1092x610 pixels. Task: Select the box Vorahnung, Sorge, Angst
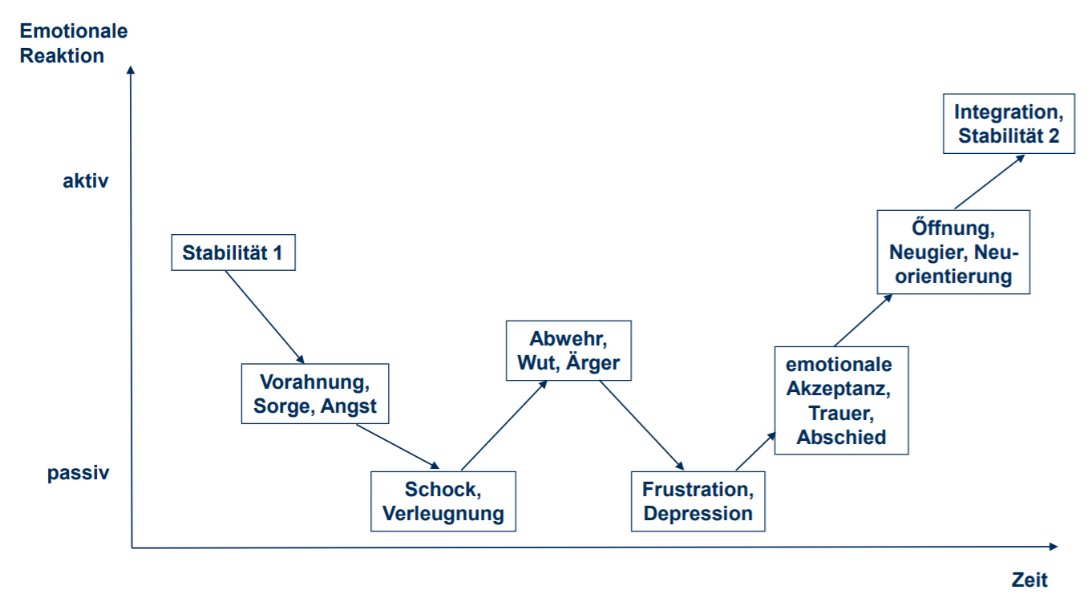click(x=315, y=394)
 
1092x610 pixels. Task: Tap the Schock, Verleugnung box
click(x=443, y=501)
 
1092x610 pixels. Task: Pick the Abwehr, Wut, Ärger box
click(x=568, y=350)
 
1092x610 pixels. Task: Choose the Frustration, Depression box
click(x=698, y=501)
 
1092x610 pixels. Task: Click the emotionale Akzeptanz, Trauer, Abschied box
click(x=841, y=401)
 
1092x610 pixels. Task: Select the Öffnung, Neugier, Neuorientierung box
click(x=953, y=252)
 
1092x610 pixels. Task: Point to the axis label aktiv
click(x=86, y=181)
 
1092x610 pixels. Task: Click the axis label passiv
click(x=79, y=473)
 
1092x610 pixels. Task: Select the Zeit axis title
click(x=1029, y=580)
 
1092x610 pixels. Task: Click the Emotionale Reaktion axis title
click(x=74, y=44)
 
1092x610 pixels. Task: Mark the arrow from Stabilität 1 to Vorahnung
click(x=265, y=317)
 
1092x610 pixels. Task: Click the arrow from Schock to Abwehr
click(x=504, y=424)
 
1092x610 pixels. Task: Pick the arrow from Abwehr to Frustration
click(x=641, y=425)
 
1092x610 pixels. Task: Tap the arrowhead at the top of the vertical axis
click(x=131, y=69)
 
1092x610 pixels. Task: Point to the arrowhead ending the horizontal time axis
click(x=1054, y=547)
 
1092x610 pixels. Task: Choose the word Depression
click(x=698, y=514)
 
